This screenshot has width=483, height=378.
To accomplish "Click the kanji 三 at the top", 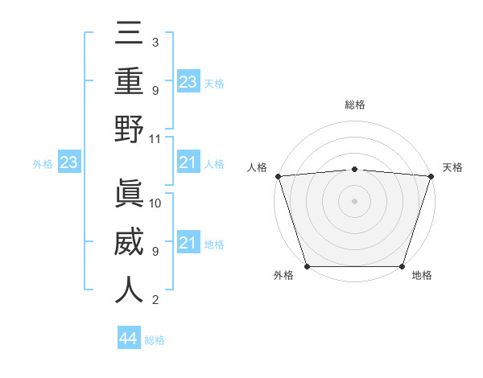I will pyautogui.click(x=129, y=34).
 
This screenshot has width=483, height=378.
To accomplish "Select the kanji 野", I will pyautogui.click(x=129, y=129).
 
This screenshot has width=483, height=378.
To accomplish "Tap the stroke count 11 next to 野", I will pyautogui.click(x=155, y=138).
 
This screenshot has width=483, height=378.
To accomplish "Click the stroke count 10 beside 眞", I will pyautogui.click(x=155, y=203).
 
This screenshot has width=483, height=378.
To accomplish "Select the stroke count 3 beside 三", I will pyautogui.click(x=155, y=42).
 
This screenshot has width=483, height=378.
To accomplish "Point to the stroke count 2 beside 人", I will pyautogui.click(x=155, y=300).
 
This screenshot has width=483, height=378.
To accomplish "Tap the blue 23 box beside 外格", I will pyautogui.click(x=68, y=163).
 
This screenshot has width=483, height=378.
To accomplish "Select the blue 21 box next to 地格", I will pyautogui.click(x=188, y=244).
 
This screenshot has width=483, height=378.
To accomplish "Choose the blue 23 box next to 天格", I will pyautogui.click(x=188, y=82).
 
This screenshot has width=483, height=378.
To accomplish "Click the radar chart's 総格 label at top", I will pyautogui.click(x=354, y=105).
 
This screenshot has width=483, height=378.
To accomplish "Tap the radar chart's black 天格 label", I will pyautogui.click(x=452, y=167).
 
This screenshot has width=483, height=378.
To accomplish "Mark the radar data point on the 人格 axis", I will pyautogui.click(x=278, y=176).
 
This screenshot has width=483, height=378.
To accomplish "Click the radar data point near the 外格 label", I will pyautogui.click(x=308, y=266).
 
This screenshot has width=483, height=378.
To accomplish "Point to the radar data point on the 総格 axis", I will pyautogui.click(x=354, y=169).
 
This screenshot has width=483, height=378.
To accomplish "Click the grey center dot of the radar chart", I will pyautogui.click(x=354, y=201).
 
